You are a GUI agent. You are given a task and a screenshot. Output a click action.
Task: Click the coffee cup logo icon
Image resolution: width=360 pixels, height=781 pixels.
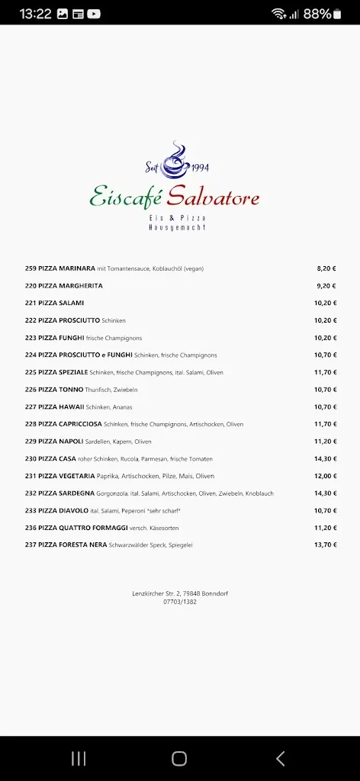coord(178,157)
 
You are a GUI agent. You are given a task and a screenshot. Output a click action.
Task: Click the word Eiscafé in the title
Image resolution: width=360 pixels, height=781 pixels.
coord(124,198)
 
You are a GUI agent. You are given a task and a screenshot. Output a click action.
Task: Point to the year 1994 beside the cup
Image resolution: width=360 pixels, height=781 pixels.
coord(199,168)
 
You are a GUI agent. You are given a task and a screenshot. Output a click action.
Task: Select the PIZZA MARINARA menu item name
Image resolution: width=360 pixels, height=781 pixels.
coord(66,268)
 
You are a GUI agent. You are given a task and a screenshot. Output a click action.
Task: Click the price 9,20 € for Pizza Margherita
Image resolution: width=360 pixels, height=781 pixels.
coord(326,286)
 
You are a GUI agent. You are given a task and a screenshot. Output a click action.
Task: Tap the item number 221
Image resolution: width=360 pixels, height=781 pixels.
coord(31,303)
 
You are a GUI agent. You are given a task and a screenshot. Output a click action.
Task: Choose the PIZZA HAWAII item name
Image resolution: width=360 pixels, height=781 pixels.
coord(61,407)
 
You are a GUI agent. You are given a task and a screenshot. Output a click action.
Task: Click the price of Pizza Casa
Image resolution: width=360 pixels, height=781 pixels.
coord(326,458)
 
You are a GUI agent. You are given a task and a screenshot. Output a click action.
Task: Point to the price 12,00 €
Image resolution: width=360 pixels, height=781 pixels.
coord(326,476)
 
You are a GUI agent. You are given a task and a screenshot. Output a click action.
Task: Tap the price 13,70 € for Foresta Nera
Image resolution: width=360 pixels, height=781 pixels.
coord(326,545)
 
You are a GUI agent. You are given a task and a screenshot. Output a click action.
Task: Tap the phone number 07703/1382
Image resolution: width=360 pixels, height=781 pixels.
coord(180,602)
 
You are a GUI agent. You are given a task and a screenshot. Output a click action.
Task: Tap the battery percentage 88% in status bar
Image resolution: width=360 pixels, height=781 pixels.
coord(317,14)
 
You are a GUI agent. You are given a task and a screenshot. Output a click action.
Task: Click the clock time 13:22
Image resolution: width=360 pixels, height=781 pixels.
coord(35,14)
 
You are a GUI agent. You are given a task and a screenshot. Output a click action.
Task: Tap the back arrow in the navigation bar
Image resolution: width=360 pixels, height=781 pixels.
coord(280,758)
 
